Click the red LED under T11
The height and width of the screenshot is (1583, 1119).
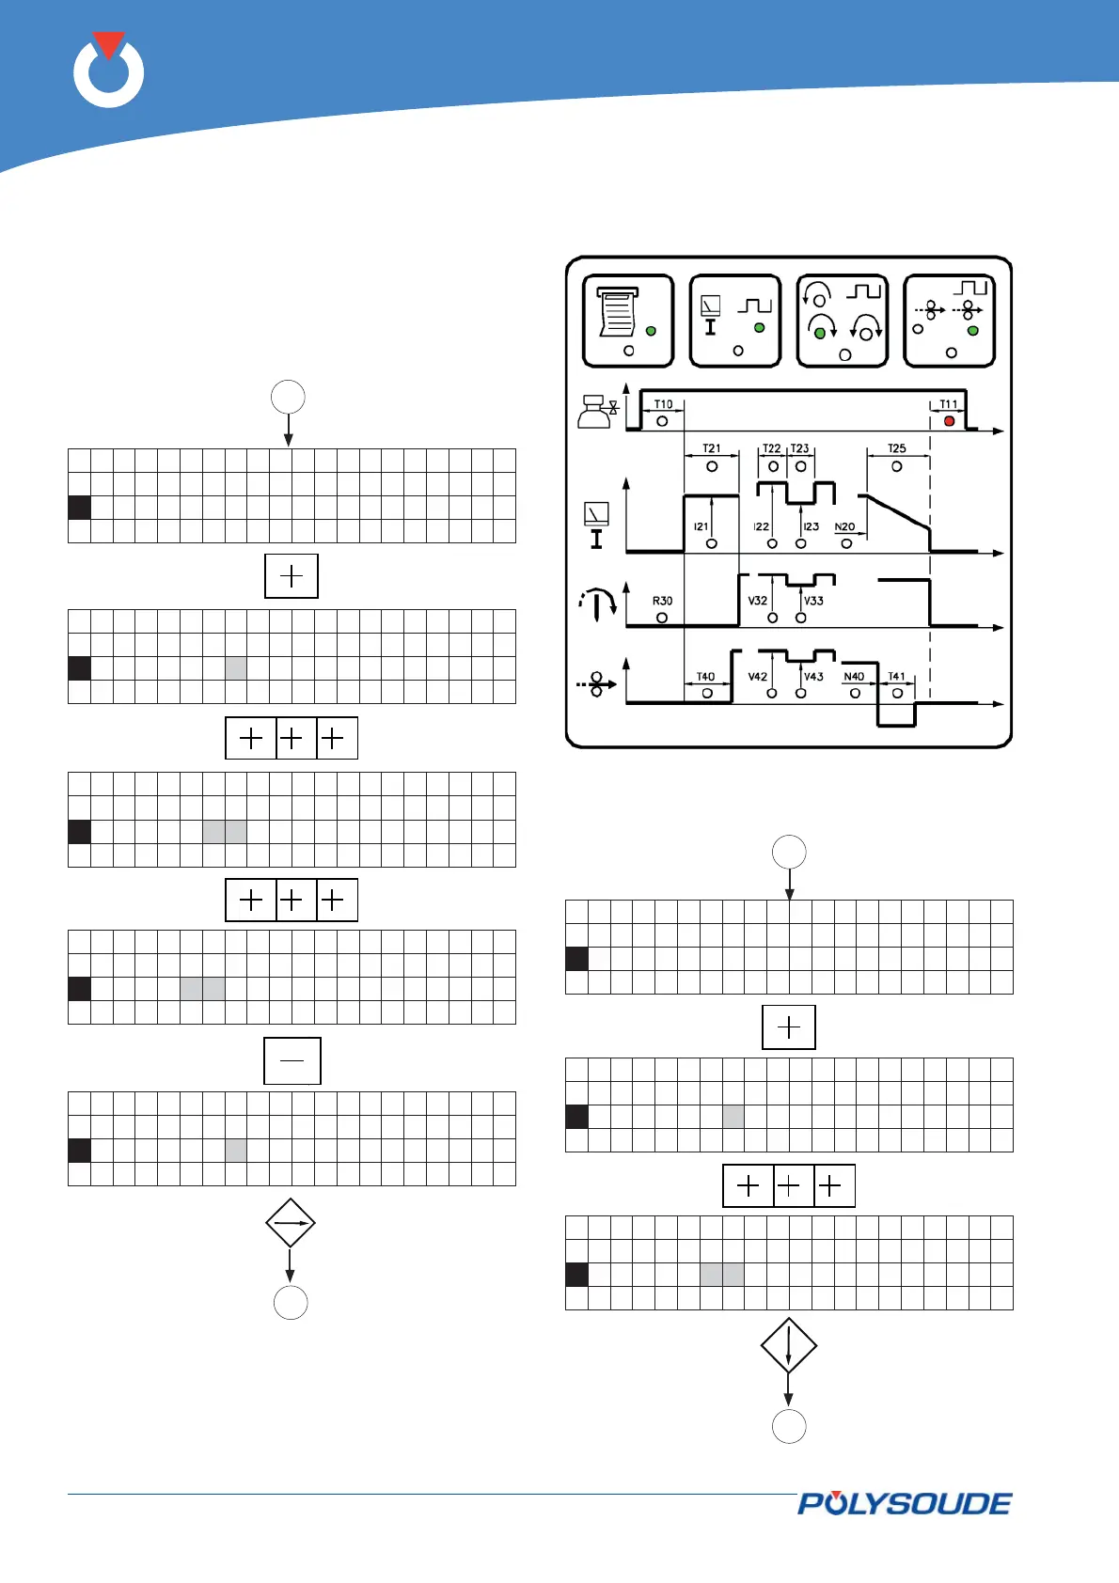949,421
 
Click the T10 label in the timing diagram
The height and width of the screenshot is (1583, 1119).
663,404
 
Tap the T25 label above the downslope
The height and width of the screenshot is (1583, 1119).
896,448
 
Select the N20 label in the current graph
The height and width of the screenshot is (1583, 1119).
844,527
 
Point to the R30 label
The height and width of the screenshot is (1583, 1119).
662,601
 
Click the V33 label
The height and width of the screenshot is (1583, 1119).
813,600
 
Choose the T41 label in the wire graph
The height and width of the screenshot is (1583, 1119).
896,677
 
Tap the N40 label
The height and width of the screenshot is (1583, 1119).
854,677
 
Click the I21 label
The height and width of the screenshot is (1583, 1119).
701,527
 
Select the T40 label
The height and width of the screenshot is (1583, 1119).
705,677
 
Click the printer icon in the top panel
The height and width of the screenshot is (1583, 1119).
617,312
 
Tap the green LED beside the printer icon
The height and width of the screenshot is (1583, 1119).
651,331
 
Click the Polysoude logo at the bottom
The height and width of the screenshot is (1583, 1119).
905,1504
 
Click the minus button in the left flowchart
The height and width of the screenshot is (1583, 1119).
292,1060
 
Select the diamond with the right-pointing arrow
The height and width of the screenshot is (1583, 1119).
290,1223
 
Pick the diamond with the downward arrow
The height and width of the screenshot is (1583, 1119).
788,1345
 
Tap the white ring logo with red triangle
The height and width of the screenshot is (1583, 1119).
109,71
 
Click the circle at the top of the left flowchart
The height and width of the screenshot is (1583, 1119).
288,397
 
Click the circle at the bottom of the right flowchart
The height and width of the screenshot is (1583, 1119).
789,1426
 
